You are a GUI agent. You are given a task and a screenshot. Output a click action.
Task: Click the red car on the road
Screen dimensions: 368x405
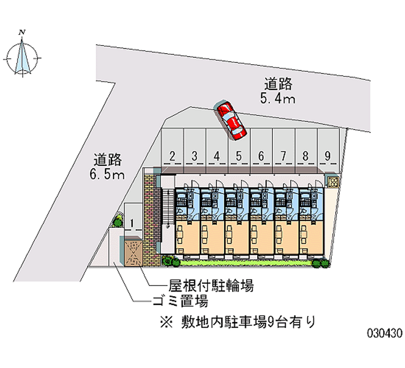coord(231,120)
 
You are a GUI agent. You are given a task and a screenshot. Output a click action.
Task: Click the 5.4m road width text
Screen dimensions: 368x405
coord(277,98)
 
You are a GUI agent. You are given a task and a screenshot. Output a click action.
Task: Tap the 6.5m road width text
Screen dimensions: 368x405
coord(108,175)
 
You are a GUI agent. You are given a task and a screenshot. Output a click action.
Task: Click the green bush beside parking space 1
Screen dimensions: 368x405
coord(118,220)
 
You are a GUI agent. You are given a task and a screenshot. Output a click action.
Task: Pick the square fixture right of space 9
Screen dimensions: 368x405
coord(333,182)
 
